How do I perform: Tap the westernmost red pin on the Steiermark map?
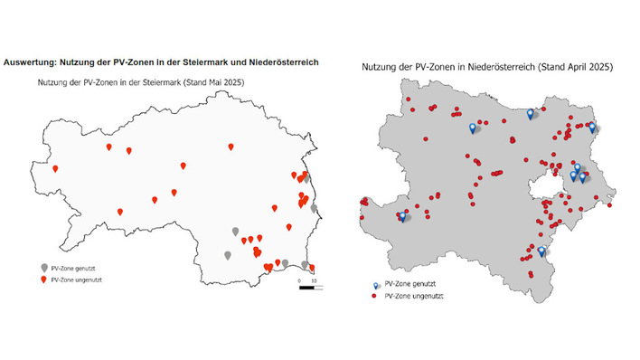click(x=55, y=168)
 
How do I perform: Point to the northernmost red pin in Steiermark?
click(x=231, y=146)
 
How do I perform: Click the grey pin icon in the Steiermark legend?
click(x=44, y=269)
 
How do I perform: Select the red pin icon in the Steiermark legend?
click(x=44, y=279)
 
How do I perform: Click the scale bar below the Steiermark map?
click(x=306, y=289)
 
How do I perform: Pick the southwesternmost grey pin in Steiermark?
click(x=227, y=255)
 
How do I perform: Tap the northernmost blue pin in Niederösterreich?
click(x=531, y=113)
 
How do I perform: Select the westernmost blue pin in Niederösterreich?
click(x=401, y=216)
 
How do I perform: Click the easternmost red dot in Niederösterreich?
click(x=611, y=205)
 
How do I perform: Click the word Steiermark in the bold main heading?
click(x=193, y=62)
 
